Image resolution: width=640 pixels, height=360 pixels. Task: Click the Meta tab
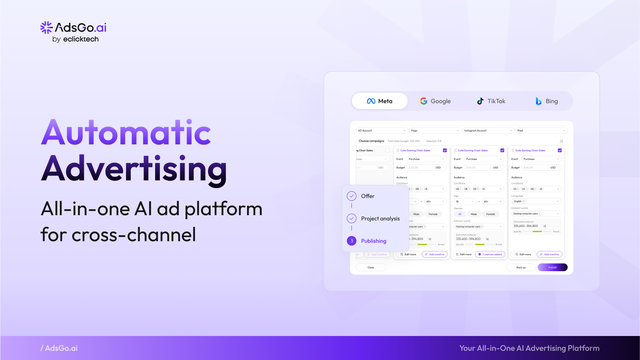[379, 101]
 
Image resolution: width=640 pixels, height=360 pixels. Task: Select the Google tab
[435, 101]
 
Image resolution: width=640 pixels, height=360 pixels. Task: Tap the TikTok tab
[491, 101]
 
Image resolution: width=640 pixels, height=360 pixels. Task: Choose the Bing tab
[546, 101]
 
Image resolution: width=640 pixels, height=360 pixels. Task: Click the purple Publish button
[552, 267]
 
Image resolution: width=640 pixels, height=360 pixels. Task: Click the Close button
[371, 267]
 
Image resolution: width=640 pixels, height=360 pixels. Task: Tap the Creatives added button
[490, 254]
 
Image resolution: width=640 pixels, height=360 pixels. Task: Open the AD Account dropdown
[382, 130]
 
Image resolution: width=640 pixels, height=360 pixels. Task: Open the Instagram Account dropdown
[488, 130]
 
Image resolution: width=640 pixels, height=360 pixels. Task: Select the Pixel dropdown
[541, 130]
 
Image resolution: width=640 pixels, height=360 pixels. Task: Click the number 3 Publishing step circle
[352, 241]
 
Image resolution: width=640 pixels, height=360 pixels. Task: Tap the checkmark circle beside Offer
[352, 196]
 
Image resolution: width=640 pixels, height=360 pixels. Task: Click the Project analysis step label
[380, 218]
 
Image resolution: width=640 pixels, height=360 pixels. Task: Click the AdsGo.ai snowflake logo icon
[46, 27]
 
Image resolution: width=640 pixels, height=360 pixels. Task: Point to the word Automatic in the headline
[126, 133]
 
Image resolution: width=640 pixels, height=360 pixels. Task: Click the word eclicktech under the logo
[81, 39]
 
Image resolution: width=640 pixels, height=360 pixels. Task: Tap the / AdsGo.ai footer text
[59, 348]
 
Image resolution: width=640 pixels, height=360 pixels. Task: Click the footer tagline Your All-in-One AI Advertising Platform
[529, 348]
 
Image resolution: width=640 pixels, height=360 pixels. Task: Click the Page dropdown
[435, 130]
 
